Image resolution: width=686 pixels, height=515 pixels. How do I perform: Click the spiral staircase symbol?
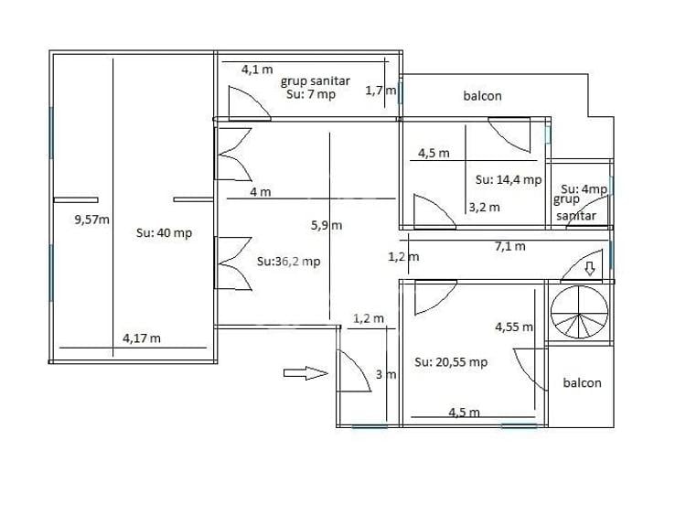(579, 312)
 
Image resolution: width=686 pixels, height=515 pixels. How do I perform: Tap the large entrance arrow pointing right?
(305, 373)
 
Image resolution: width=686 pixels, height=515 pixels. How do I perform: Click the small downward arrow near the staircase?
(590, 268)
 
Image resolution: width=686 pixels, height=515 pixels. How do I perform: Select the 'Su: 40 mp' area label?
(164, 232)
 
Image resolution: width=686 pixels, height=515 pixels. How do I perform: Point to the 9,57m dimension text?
(91, 220)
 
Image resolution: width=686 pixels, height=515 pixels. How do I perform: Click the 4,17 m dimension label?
(142, 338)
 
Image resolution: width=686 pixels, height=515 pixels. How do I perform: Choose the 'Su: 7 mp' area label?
(311, 94)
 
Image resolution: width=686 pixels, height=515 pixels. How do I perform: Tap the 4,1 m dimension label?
(257, 70)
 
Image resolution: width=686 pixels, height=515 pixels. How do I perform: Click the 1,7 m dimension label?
(381, 91)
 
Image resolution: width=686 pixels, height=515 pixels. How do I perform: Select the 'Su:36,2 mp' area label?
(289, 262)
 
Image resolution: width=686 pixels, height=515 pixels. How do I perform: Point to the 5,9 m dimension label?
(327, 225)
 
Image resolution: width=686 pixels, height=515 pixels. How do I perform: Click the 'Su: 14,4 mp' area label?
(509, 179)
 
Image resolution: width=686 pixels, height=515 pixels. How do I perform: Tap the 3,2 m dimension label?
(484, 207)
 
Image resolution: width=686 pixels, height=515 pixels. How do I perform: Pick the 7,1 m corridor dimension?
(510, 246)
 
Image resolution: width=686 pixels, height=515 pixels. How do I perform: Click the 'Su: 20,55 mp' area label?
(451, 362)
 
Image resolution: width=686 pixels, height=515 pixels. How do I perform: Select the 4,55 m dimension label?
(514, 327)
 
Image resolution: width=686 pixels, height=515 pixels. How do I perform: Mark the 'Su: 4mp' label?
(584, 189)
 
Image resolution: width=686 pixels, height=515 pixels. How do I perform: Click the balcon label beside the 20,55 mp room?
(583, 383)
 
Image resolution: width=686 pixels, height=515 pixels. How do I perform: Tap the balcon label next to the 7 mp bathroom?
(483, 96)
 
